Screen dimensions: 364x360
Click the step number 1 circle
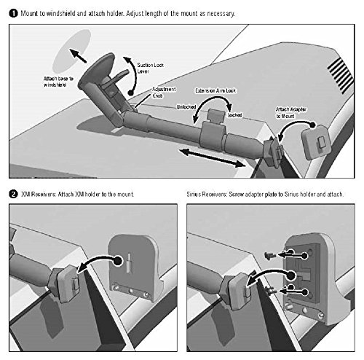pos(13,13)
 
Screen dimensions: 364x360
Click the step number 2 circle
pos(13,195)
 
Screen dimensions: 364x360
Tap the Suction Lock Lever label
pos(151,68)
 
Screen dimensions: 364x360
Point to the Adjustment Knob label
pos(164,93)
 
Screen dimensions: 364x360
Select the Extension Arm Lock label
pos(215,90)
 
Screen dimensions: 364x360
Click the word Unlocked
pos(186,107)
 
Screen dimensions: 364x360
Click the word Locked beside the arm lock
pos(234,115)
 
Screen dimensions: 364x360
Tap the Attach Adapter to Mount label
pos(291,113)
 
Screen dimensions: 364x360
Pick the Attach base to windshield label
pos(58,82)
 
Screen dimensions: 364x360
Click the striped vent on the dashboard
pos(340,75)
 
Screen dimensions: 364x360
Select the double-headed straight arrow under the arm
pos(213,158)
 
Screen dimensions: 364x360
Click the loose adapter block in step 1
pos(316,142)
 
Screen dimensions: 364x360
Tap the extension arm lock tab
pos(216,115)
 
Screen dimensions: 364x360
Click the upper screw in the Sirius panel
pos(269,255)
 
